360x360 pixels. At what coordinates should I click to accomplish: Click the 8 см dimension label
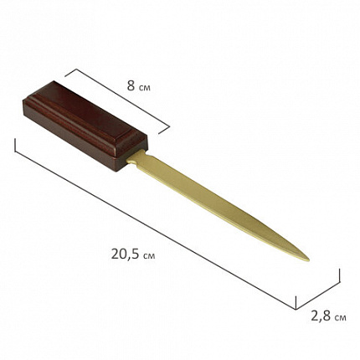click(x=139, y=86)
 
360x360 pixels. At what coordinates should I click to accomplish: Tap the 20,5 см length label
click(x=133, y=255)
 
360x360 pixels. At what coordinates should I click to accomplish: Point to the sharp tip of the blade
click(x=309, y=260)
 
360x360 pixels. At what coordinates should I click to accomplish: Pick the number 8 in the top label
click(x=131, y=86)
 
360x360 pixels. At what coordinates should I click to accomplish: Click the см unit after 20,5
click(x=149, y=255)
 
